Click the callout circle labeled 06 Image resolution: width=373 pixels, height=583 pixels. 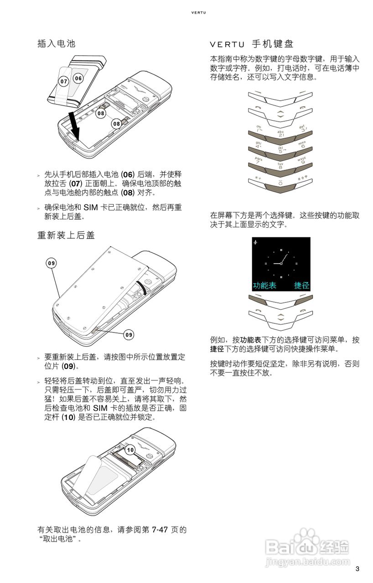[x=78, y=78]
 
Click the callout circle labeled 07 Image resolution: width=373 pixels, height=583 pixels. [x=64, y=82]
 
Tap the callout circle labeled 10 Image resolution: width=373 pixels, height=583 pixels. [x=130, y=450]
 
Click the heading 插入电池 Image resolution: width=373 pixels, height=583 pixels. [x=56, y=43]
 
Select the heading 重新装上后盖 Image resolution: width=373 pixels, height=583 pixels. [x=66, y=235]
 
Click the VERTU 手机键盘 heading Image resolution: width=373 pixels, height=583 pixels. [x=252, y=44]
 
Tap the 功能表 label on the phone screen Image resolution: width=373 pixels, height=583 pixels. [x=264, y=286]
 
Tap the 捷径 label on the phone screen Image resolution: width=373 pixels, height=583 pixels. [x=301, y=286]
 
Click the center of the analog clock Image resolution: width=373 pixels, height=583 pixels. [x=281, y=264]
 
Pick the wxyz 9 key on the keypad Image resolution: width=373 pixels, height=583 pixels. [x=303, y=163]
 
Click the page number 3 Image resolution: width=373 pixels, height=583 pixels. [x=357, y=569]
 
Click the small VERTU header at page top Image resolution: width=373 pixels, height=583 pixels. [x=198, y=12]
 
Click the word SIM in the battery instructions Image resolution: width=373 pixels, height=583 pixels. [x=91, y=207]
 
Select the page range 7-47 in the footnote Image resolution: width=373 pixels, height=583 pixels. [x=160, y=529]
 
